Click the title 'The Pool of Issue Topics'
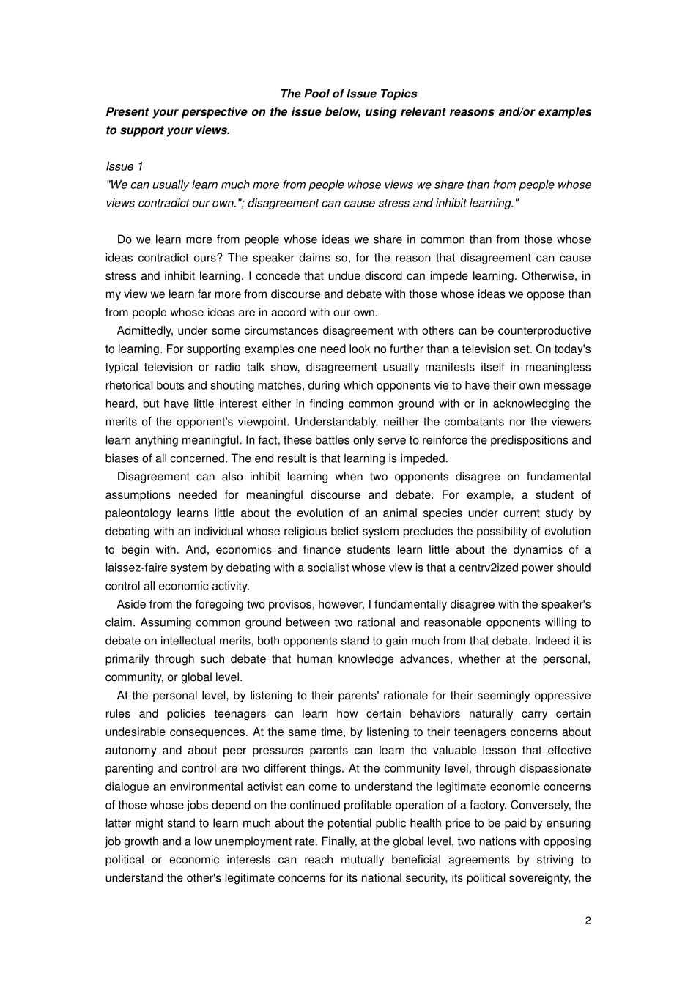pos(348,94)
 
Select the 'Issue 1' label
pos(125,166)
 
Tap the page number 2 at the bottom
pos(588,921)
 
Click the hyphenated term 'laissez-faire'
pos(137,568)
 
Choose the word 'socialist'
pos(355,568)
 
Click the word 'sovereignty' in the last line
pos(541,878)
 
